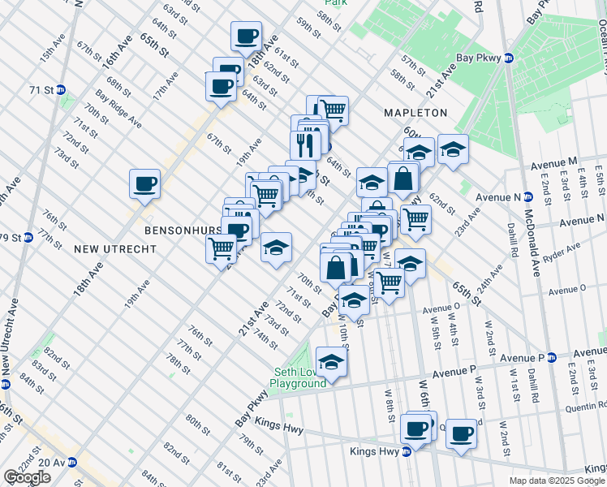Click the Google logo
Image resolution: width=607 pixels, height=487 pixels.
click(x=27, y=477)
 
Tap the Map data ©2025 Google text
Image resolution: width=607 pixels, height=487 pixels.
click(x=555, y=481)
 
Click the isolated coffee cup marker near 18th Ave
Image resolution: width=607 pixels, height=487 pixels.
click(x=144, y=183)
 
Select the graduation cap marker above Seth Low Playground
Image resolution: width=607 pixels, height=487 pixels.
click(x=331, y=362)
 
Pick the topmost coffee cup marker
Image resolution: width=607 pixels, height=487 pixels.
click(x=246, y=36)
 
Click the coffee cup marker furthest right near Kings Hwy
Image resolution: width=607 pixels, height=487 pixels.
click(x=462, y=433)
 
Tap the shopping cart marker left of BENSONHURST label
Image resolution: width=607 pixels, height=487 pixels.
click(x=221, y=248)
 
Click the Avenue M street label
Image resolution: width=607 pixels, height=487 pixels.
click(x=554, y=163)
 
